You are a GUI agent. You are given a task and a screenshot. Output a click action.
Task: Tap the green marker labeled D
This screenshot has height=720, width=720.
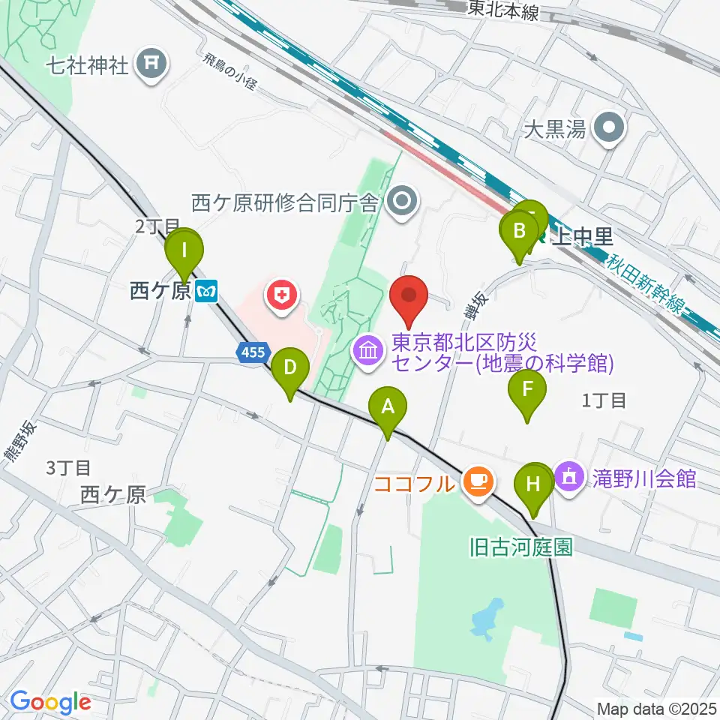(x=291, y=368)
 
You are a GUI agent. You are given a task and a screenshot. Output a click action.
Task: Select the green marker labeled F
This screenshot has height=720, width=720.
(x=527, y=390)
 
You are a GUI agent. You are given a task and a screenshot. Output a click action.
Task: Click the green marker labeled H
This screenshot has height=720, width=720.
(x=532, y=484)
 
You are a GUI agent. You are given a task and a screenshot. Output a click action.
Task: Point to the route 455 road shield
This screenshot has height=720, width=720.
(x=253, y=352)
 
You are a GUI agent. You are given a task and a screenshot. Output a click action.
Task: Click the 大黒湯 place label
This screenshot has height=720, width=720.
(x=554, y=130)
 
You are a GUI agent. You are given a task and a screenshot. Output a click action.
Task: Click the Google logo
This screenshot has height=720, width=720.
(x=50, y=702)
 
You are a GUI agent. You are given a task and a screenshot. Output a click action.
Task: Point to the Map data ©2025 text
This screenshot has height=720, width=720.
(x=656, y=707)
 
